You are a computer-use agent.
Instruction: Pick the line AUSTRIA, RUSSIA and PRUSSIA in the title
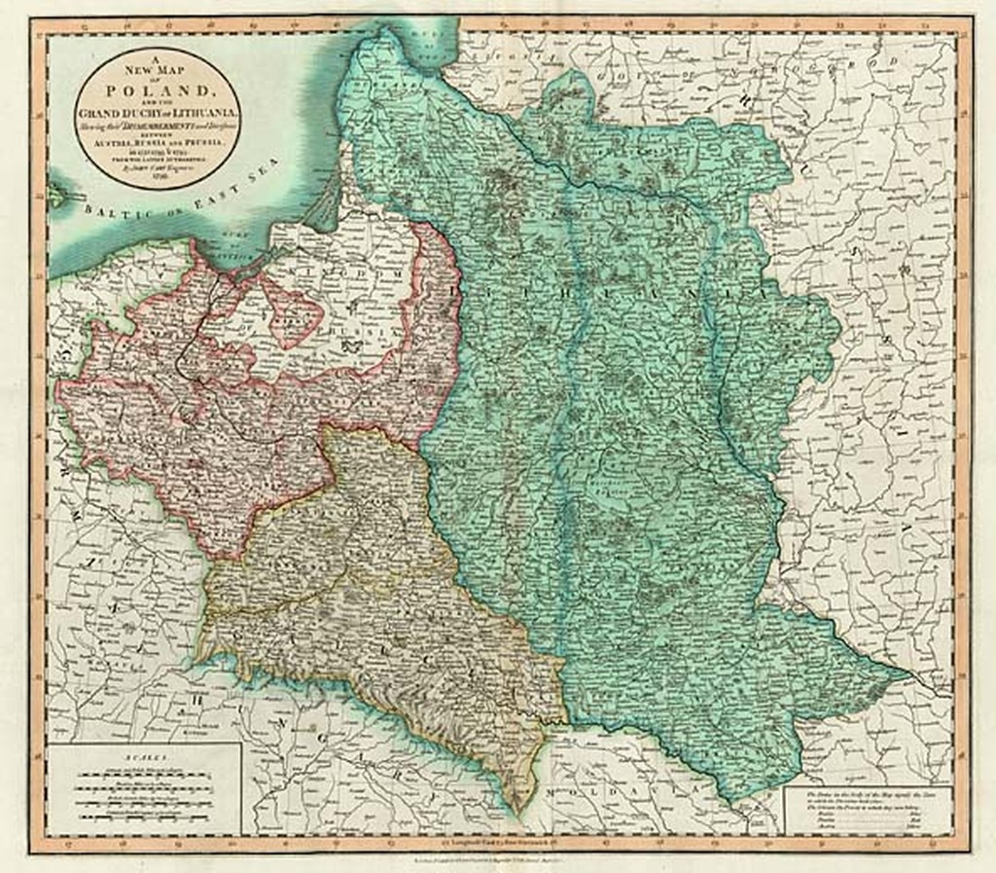(x=159, y=142)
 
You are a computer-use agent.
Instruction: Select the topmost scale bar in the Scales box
(x=142, y=768)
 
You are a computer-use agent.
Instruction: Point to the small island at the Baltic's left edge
(x=56, y=192)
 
